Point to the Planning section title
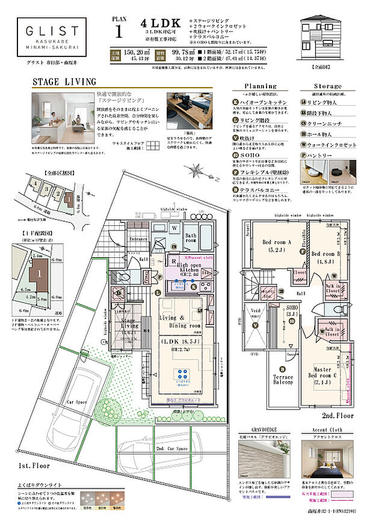pyautogui.click(x=260, y=86)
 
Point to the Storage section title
pyautogui.click(x=327, y=86)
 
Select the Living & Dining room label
pyautogui.click(x=179, y=321)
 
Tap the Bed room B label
pyautogui.click(x=326, y=257)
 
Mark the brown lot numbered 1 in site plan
pyautogui.click(x=39, y=273)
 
